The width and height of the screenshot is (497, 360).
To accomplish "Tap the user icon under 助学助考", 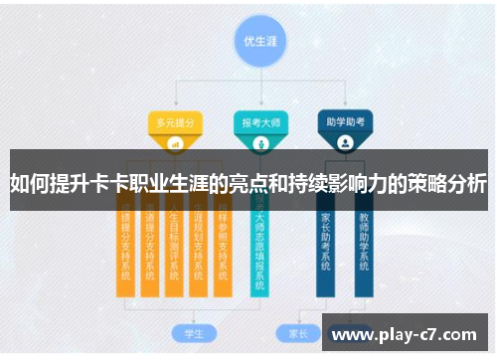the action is (345, 143).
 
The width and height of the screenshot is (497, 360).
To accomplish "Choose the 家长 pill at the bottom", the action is (297, 332).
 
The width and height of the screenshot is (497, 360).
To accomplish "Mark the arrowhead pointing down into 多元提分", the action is (175, 105).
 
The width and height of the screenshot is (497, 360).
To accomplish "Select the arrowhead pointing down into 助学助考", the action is (345, 105).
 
